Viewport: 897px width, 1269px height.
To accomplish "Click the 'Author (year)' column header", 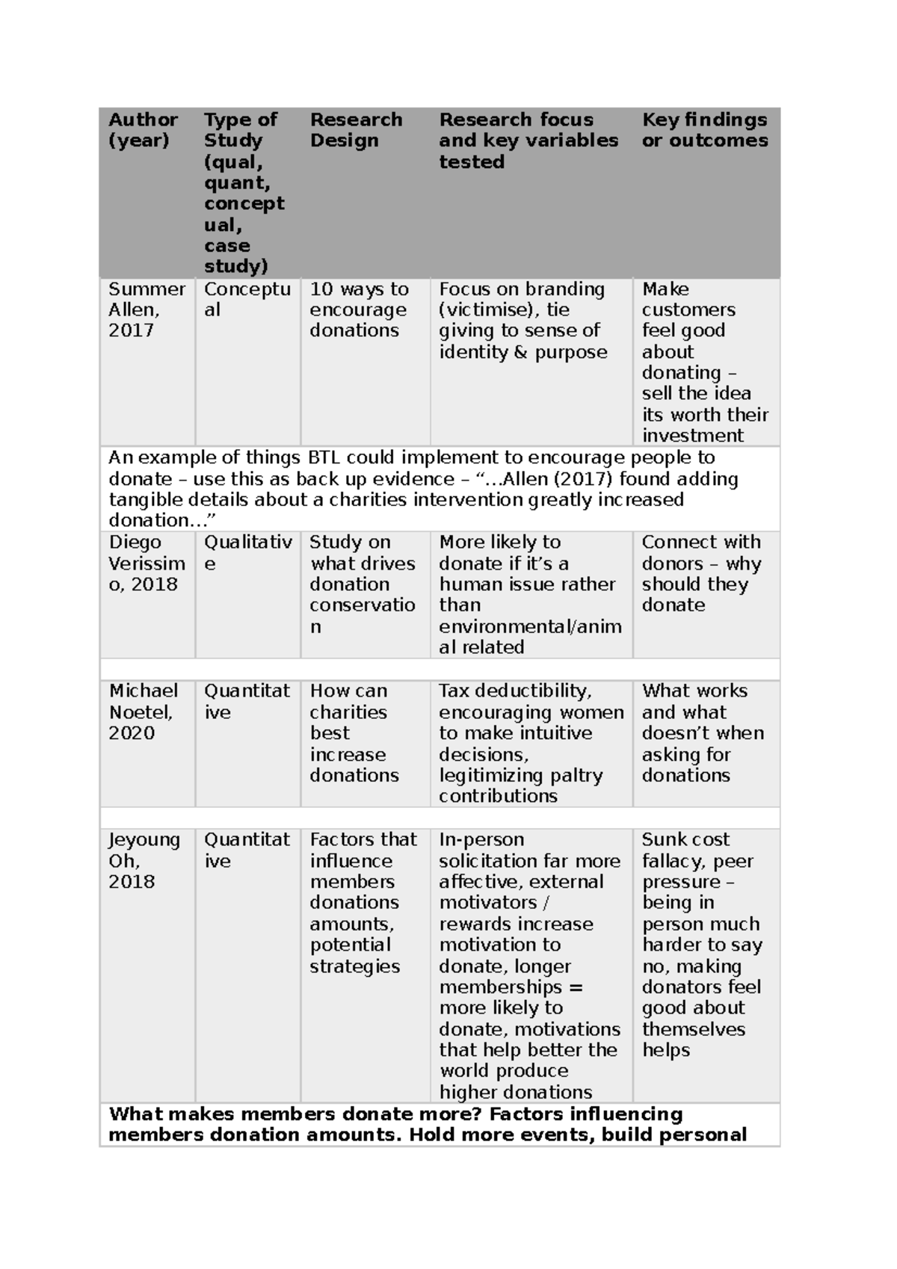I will pos(143,130).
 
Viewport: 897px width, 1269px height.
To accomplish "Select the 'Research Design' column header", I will pos(356,130).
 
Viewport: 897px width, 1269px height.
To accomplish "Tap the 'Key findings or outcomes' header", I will pos(704,130).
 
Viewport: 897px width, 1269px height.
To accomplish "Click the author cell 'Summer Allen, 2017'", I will pos(146,309).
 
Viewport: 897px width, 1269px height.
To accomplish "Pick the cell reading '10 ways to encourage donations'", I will pos(359,309).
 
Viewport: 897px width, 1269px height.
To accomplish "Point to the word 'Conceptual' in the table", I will pos(247,299).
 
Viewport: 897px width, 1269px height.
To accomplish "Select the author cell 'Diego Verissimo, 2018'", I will pos(146,563).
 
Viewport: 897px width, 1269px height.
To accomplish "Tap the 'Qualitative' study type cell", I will pos(247,552).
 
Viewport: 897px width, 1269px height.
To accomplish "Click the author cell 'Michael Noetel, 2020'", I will pos(143,711).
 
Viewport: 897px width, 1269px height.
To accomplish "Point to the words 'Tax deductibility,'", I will pos(515,691).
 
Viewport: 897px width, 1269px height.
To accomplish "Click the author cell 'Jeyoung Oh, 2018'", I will pos(144,860).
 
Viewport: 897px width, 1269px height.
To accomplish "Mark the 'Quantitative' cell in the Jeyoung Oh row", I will pos(246,850).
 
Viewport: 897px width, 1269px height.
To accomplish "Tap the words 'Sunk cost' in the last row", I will pos(685,839).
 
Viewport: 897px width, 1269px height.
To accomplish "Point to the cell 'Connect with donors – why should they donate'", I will pos(701,573).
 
